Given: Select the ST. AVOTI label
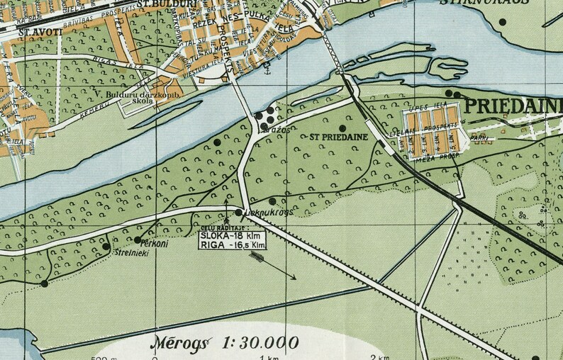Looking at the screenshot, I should click(40, 31).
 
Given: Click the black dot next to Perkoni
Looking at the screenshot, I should click(138, 240).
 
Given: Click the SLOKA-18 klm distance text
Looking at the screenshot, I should click(232, 235).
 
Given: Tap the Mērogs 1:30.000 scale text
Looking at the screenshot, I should click(224, 344).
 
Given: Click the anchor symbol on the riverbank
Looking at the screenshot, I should click(267, 71).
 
